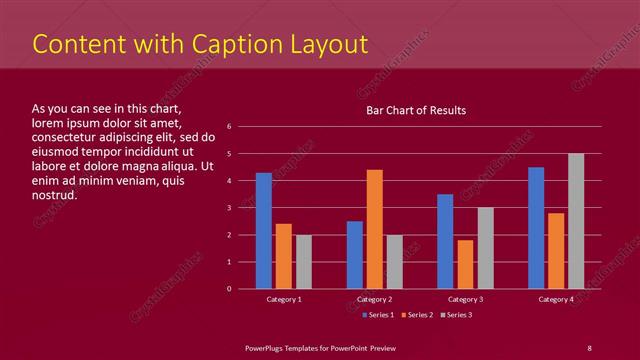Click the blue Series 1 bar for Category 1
tap(264, 231)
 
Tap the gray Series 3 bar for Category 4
tap(576, 221)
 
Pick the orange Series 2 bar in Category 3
tap(465, 264)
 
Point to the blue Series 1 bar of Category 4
tap(536, 228)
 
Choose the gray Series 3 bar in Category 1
tap(304, 262)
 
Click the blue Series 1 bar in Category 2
tap(355, 255)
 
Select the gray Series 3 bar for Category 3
tap(485, 248)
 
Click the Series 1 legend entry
tap(376, 316)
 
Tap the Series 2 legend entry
tap(417, 316)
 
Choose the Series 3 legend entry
tap(457, 316)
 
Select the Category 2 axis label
tap(374, 300)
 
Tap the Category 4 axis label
tap(556, 300)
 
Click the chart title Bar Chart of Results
tap(416, 110)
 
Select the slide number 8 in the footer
tap(589, 347)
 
